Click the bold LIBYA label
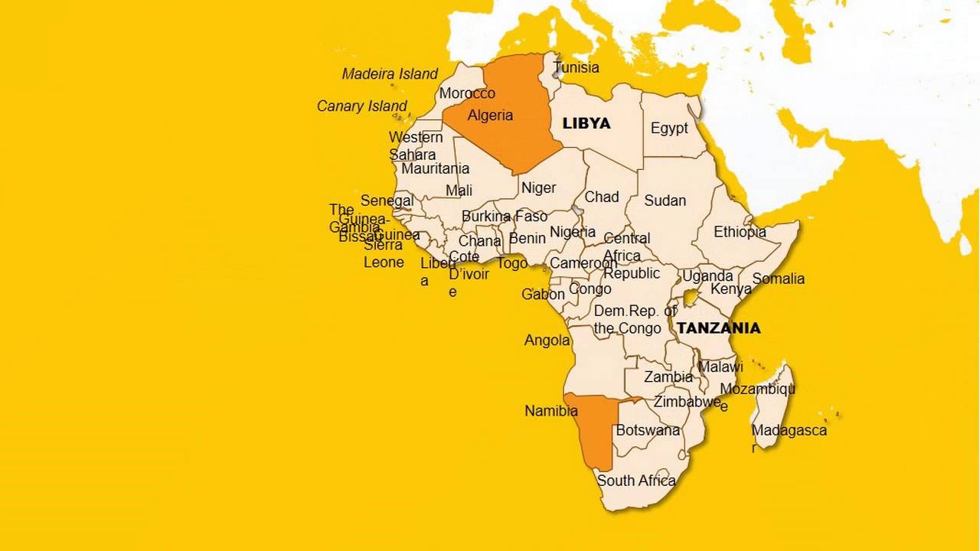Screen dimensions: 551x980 pyautogui.click(x=586, y=123)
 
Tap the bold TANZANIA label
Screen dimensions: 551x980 pyautogui.click(x=718, y=328)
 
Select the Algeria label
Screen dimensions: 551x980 pyautogui.click(x=490, y=116)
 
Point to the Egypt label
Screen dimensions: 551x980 pyautogui.click(x=669, y=128)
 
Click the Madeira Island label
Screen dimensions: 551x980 pyautogui.click(x=390, y=74)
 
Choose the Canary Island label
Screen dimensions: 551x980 pyautogui.click(x=362, y=106)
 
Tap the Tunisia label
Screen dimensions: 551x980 pyautogui.click(x=577, y=67)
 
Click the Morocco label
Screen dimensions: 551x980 pyautogui.click(x=467, y=93)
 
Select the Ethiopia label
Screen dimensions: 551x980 pyautogui.click(x=740, y=232)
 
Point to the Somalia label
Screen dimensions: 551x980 pyautogui.click(x=778, y=279)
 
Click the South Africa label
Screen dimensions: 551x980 pyautogui.click(x=636, y=481)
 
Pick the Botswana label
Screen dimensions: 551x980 pyautogui.click(x=648, y=430)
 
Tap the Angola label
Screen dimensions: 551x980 pyautogui.click(x=547, y=341)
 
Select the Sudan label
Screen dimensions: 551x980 pyautogui.click(x=665, y=201)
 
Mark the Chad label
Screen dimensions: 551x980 pyautogui.click(x=602, y=197)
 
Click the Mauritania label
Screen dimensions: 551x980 pyautogui.click(x=435, y=168)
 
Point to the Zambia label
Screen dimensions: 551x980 pyautogui.click(x=668, y=377)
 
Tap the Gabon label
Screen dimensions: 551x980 pyautogui.click(x=543, y=295)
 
